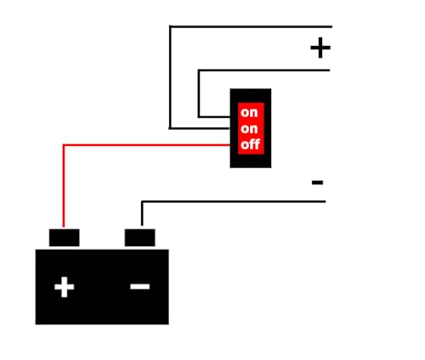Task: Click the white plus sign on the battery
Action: coord(65,287)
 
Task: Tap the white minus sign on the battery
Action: coord(140,286)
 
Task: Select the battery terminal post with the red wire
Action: coord(65,238)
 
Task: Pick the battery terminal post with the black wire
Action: coord(140,238)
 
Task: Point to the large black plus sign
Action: coord(320,48)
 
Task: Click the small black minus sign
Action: coord(317,183)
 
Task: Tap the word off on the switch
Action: coord(251,144)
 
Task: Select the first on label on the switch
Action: coord(249,113)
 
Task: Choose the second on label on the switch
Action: coord(249,129)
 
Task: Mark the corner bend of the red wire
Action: coord(64,145)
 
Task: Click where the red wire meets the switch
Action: coord(230,145)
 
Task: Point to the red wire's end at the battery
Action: coord(64,228)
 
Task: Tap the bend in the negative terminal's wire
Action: coord(142,202)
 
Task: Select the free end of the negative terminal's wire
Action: coord(326,202)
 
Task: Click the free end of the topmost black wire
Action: coord(331,26)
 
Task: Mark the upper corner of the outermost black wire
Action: coord(170,26)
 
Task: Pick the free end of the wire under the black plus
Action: coord(330,70)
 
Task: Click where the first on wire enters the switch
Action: coord(230,116)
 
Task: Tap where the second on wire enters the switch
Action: coord(229,128)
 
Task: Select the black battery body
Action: coord(102,287)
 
